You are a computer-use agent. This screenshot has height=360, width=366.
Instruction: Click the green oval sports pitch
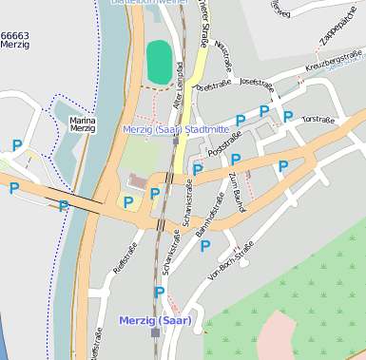pyautogui.click(x=159, y=62)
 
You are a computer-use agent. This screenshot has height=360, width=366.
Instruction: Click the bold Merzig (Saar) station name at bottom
pyautogui.click(x=155, y=320)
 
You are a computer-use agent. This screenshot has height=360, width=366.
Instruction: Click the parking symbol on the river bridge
pyautogui.click(x=64, y=206)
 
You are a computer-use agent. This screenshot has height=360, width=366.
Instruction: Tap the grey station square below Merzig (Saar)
pyautogui.click(x=155, y=332)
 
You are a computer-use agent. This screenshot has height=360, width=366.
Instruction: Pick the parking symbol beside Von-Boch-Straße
pyautogui.click(x=204, y=246)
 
